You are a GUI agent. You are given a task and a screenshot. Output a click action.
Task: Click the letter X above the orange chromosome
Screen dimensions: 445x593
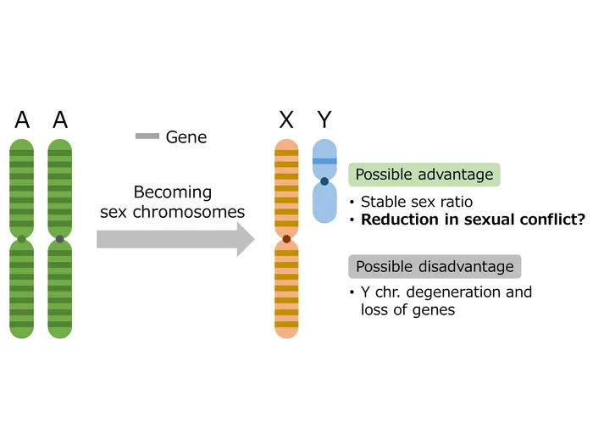pyautogui.click(x=286, y=120)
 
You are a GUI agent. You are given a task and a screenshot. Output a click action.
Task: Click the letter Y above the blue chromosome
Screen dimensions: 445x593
pyautogui.click(x=324, y=120)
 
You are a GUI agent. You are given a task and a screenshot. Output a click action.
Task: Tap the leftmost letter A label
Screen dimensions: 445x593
pyautogui.click(x=22, y=120)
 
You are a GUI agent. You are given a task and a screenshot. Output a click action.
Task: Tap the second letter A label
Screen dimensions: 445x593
pyautogui.click(x=60, y=120)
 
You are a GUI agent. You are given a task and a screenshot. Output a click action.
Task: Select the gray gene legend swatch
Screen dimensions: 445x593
pyautogui.click(x=147, y=136)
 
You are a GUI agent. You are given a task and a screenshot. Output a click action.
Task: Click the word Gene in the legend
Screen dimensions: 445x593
pyautogui.click(x=186, y=136)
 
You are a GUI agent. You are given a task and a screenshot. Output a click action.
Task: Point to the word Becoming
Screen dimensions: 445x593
pyautogui.click(x=173, y=192)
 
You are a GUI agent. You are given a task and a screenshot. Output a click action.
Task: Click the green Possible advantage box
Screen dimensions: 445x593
pyautogui.click(x=424, y=175)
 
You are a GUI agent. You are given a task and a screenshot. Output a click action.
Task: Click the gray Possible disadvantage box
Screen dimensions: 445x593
pyautogui.click(x=435, y=266)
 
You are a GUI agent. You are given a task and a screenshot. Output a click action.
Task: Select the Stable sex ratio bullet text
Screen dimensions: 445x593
pyautogui.click(x=417, y=202)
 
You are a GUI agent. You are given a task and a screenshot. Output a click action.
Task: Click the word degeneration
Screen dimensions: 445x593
pyautogui.click(x=452, y=292)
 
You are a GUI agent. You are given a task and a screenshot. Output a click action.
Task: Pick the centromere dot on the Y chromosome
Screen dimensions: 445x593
pyautogui.click(x=324, y=181)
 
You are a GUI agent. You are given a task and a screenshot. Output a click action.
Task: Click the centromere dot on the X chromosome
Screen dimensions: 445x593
pyautogui.click(x=286, y=240)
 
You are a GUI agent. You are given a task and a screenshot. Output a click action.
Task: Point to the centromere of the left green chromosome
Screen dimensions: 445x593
pyautogui.click(x=22, y=240)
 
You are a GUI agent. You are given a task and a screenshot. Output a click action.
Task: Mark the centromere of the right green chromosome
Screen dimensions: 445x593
pyautogui.click(x=60, y=240)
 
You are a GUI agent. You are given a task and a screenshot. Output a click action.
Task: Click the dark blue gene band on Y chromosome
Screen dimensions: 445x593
pyautogui.click(x=324, y=160)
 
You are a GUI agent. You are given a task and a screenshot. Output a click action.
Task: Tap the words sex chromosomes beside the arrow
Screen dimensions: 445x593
pyautogui.click(x=173, y=212)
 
